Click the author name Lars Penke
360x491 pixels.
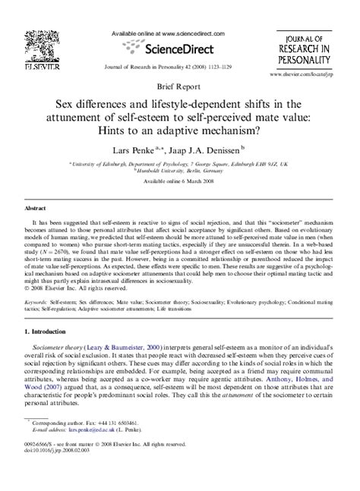click(x=135, y=150)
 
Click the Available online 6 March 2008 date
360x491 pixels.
click(x=179, y=182)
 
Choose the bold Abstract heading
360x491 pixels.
click(x=36, y=207)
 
